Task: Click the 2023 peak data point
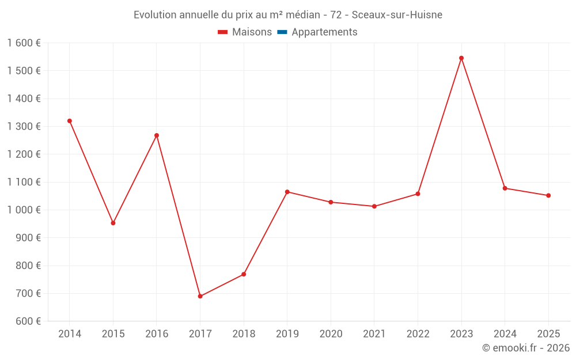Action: coord(461,58)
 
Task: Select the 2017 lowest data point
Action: coord(200,296)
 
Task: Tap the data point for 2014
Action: coord(70,121)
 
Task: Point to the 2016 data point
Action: coord(157,135)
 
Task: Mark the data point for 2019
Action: coord(287,192)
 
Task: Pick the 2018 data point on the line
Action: coord(244,274)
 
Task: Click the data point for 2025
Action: coord(548,195)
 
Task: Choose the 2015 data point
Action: coord(113,223)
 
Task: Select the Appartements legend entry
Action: coord(324,32)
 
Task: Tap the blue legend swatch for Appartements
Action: coord(282,32)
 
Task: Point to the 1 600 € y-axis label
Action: coord(24,43)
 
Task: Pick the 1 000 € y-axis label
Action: coord(24,210)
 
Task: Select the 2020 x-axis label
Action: coord(331,334)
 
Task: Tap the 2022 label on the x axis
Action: coord(418,334)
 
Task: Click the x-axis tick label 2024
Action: coord(505,334)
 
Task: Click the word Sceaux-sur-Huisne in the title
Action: coord(397,15)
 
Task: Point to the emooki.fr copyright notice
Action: coord(526,348)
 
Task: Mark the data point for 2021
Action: coord(374,206)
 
